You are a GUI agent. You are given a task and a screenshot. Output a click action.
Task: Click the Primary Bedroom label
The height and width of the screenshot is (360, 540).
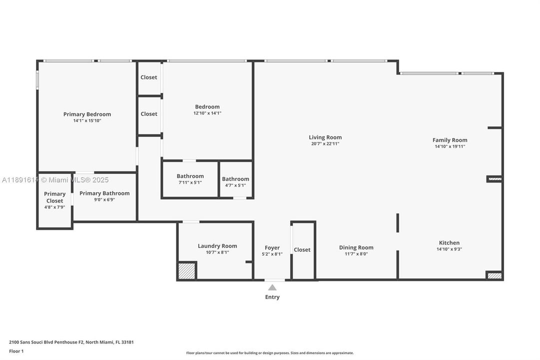tap(87, 114)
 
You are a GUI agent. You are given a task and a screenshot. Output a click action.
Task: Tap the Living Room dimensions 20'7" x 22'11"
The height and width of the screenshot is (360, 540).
tap(325, 144)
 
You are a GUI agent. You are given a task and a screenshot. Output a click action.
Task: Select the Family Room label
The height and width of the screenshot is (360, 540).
tap(450, 140)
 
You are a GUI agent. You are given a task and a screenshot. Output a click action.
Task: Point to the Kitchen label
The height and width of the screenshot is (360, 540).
tap(449, 242)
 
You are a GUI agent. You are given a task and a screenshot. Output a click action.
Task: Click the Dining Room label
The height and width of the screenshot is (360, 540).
tap(356, 247)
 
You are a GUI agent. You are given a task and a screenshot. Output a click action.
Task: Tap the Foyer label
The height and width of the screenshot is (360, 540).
tap(272, 247)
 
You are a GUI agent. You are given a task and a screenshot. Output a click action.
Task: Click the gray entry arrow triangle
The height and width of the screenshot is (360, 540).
tap(272, 287)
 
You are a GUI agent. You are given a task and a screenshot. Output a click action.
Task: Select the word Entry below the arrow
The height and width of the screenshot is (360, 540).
tap(272, 297)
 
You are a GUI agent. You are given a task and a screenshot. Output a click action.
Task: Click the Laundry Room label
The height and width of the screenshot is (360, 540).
tap(217, 245)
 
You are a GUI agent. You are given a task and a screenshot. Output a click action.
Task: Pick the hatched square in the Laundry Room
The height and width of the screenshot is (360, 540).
tap(186, 270)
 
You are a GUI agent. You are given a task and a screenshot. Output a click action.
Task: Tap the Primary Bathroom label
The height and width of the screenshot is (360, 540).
tap(104, 193)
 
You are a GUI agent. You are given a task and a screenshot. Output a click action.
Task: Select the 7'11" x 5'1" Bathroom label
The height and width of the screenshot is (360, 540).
tap(190, 176)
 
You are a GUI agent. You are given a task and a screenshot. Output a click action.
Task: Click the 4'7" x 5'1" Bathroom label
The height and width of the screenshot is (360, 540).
tap(235, 179)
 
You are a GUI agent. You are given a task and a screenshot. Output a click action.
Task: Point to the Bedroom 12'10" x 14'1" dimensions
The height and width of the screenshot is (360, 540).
tap(207, 113)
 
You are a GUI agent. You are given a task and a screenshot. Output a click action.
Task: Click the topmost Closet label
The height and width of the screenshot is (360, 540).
tap(149, 77)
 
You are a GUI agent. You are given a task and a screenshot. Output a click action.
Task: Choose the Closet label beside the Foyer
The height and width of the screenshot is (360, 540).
tap(302, 249)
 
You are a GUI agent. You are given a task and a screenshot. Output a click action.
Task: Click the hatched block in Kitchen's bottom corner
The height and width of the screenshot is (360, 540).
tap(494, 275)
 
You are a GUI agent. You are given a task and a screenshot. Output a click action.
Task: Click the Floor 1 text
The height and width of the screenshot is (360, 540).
tap(16, 351)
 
